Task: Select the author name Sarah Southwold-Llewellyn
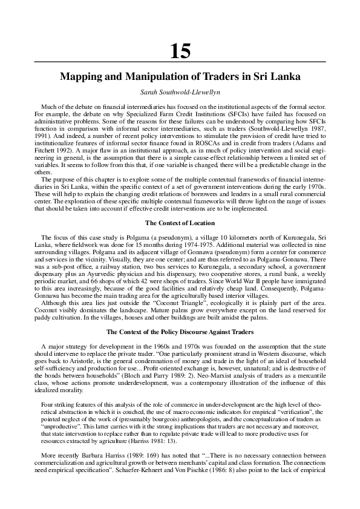(180, 92)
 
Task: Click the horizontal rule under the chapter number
(180, 62)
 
